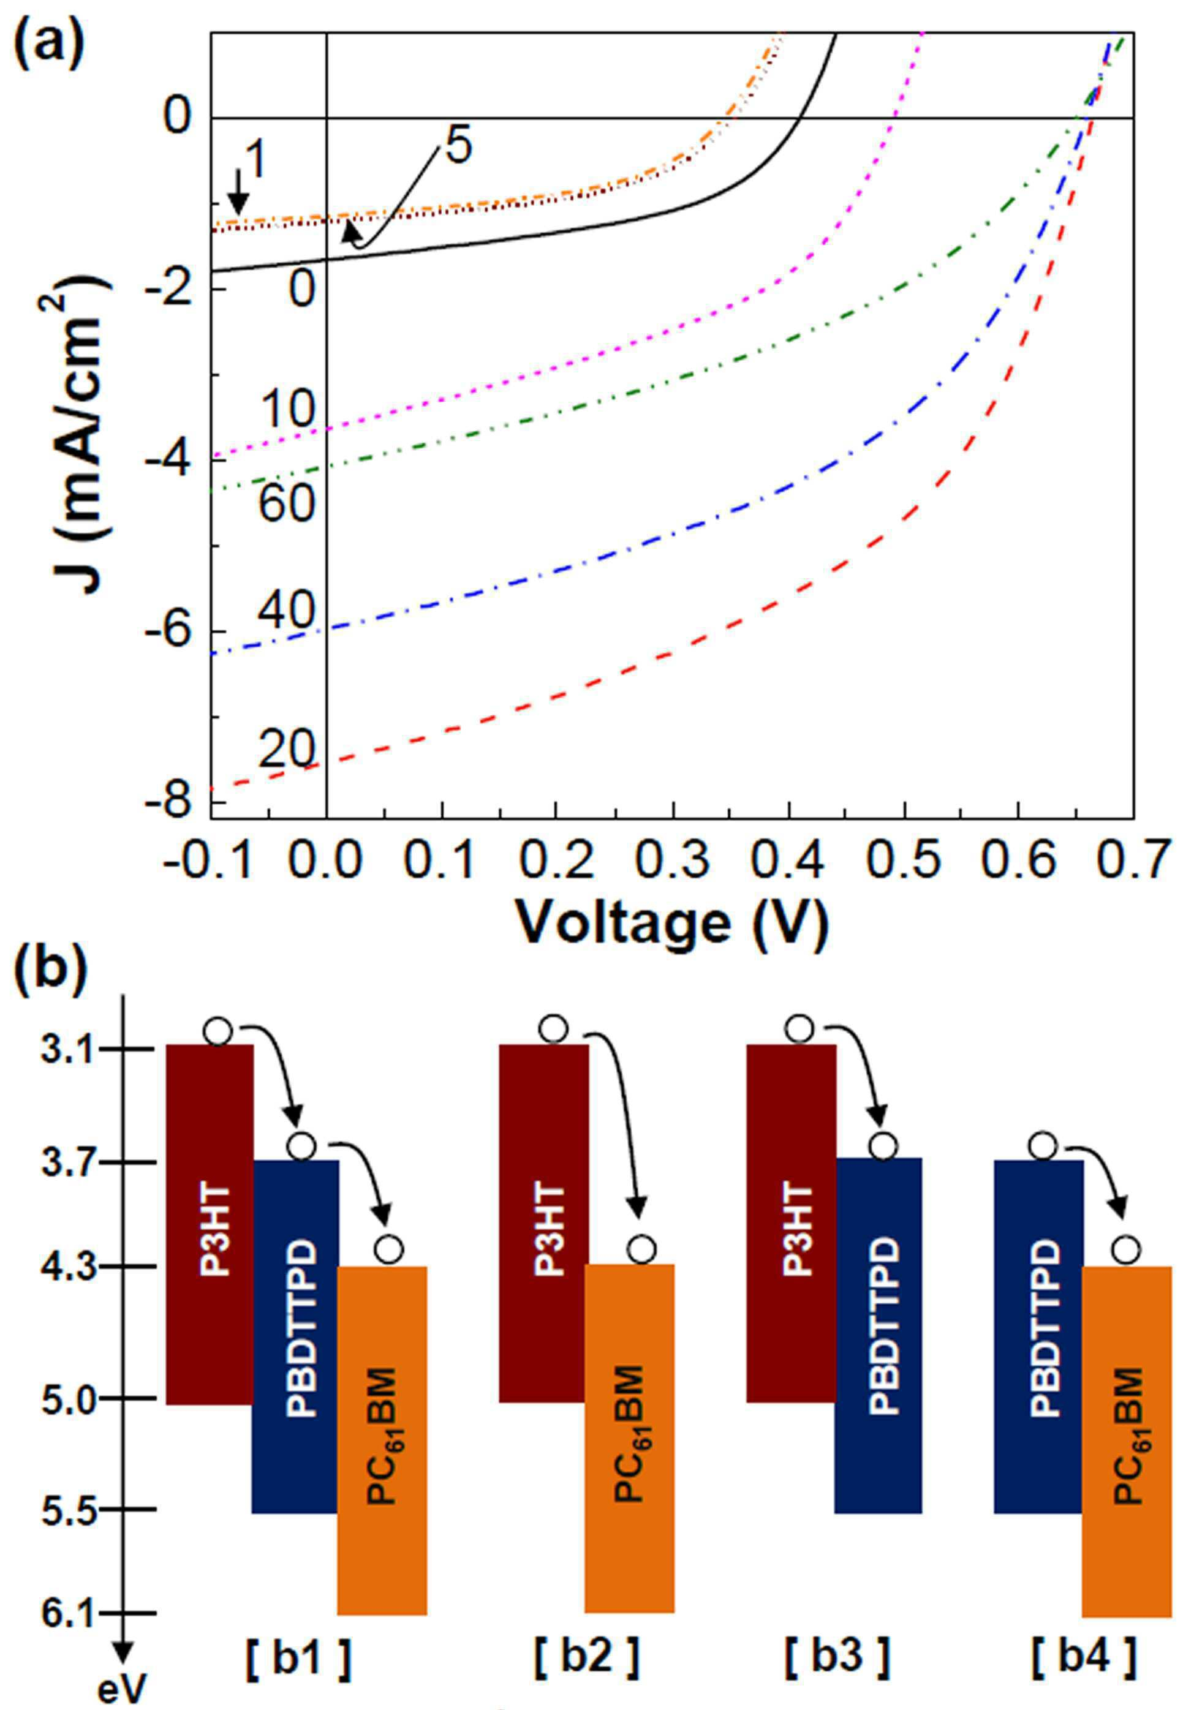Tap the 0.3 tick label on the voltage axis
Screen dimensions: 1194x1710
[x=673, y=861]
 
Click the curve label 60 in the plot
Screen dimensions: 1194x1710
[x=287, y=504]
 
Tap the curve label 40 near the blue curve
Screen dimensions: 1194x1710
[x=287, y=612]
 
